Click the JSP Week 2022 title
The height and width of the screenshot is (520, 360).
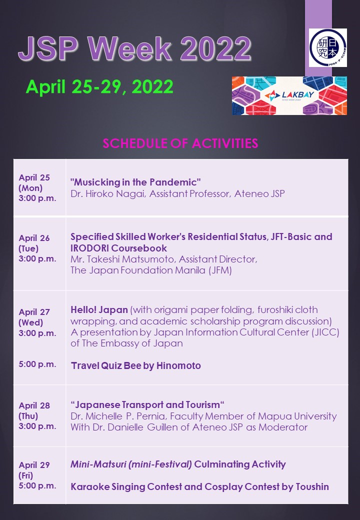(x=134, y=49)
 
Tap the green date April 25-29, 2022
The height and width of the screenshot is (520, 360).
(x=99, y=87)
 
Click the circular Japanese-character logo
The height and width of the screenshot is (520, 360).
(x=327, y=48)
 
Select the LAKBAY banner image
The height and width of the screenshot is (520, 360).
(x=289, y=95)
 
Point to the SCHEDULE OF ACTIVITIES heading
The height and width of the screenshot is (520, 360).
(x=180, y=144)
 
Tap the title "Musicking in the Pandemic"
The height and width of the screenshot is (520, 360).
(x=135, y=181)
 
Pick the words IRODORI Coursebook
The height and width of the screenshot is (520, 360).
(x=118, y=248)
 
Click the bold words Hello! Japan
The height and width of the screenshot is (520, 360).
(x=99, y=310)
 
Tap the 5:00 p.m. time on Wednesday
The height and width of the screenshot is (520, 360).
(x=37, y=364)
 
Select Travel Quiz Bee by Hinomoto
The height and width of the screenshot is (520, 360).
(x=135, y=366)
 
